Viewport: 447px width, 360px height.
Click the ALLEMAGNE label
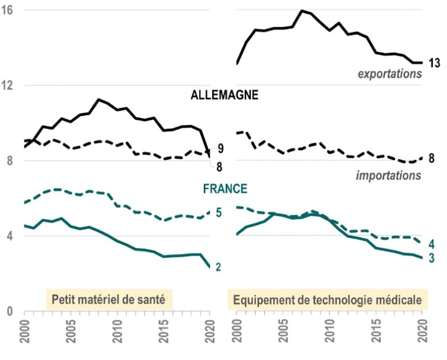(224, 95)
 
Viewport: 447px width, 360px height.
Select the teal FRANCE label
(225, 189)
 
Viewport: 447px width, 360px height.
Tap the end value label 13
(434, 63)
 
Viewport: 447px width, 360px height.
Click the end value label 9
(220, 148)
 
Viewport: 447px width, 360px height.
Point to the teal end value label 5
(219, 212)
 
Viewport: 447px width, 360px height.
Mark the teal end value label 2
(219, 267)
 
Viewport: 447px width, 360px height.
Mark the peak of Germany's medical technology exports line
(302, 11)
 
